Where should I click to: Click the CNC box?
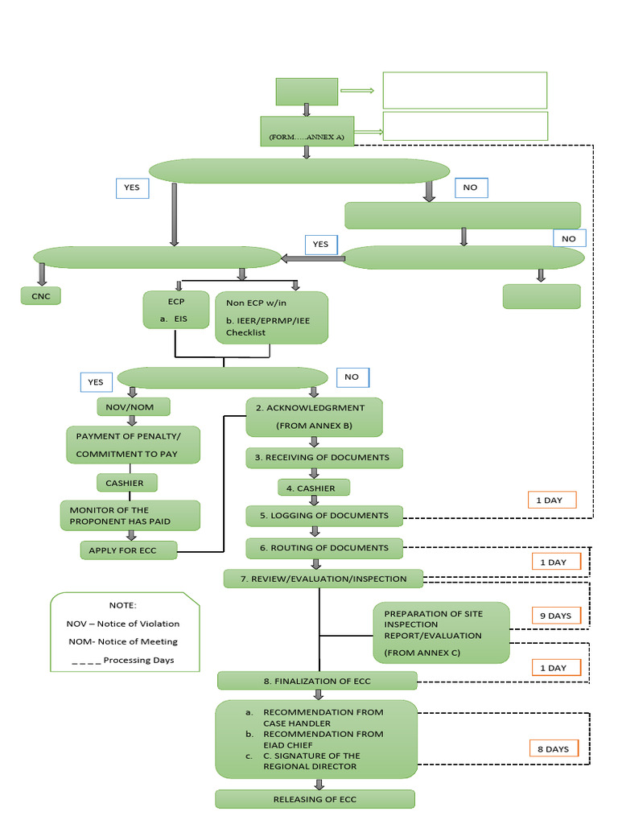tap(41, 296)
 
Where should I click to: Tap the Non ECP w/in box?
tap(271, 317)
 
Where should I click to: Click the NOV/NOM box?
tap(130, 407)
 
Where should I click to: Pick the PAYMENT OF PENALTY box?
tap(133, 445)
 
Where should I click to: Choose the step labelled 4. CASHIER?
tap(313, 488)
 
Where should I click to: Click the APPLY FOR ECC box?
tap(129, 550)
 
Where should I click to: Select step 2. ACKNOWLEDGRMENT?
tap(314, 417)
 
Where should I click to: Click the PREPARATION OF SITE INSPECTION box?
tap(441, 632)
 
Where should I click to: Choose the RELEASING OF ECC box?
tap(315, 799)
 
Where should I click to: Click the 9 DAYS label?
tap(555, 616)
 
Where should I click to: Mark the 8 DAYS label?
tap(553, 749)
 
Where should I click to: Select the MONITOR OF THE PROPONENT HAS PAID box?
tap(130, 516)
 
